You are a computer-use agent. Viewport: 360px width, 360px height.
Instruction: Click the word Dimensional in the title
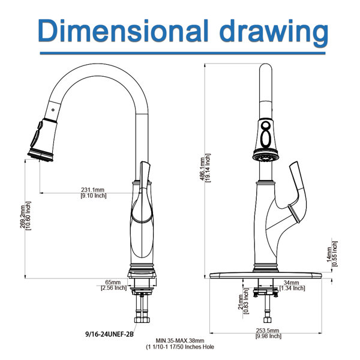pos(123,31)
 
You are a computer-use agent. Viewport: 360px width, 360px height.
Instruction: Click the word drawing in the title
pos(274,33)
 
